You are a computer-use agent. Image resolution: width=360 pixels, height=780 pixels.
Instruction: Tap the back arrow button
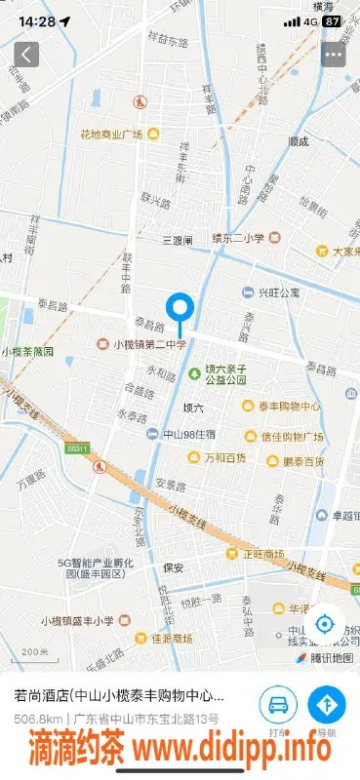coord(26,55)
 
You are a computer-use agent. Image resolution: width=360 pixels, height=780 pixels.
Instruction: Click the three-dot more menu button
coord(334,55)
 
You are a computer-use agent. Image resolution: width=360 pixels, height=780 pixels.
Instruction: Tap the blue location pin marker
coord(180,310)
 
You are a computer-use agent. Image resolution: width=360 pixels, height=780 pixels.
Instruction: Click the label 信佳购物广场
coord(294,435)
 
